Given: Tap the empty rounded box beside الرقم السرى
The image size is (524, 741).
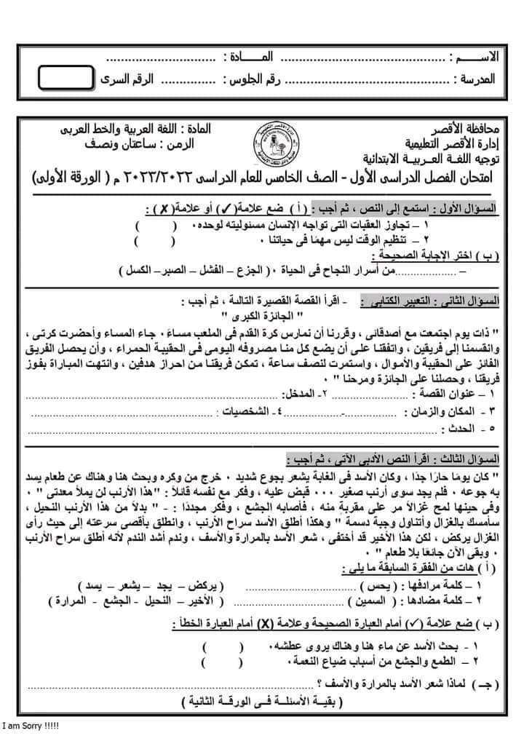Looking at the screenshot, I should point(66,78).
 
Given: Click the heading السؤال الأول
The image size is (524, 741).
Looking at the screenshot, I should point(465,208).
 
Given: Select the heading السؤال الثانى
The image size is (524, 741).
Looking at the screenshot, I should point(464,300).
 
